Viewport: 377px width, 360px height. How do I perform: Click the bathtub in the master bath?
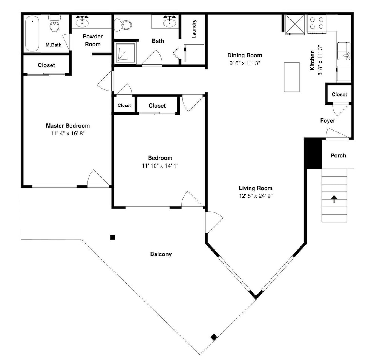click(x=32, y=34)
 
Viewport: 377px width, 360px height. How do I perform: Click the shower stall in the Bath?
click(x=125, y=53)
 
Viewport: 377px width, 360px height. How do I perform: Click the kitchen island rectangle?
click(x=292, y=77)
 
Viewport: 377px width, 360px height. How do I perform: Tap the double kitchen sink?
click(x=344, y=51)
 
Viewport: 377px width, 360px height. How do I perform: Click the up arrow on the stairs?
click(x=334, y=199)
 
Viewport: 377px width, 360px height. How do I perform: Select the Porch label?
click(x=338, y=155)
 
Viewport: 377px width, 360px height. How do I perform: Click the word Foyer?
click(x=328, y=120)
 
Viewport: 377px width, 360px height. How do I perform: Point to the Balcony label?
click(x=161, y=254)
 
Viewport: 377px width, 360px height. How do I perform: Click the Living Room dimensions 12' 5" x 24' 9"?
click(x=256, y=196)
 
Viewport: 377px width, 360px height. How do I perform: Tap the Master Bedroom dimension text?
click(x=68, y=133)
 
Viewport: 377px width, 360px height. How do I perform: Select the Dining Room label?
click(x=245, y=55)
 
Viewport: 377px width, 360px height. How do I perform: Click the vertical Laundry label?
click(x=194, y=29)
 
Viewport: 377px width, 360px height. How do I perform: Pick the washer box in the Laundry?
click(x=194, y=53)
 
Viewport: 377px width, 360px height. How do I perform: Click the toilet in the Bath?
click(x=123, y=25)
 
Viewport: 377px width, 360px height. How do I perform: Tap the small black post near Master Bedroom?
click(x=112, y=238)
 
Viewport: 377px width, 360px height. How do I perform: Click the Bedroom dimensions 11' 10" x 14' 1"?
click(x=160, y=166)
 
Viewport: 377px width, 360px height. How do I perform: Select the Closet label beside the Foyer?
click(x=339, y=95)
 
